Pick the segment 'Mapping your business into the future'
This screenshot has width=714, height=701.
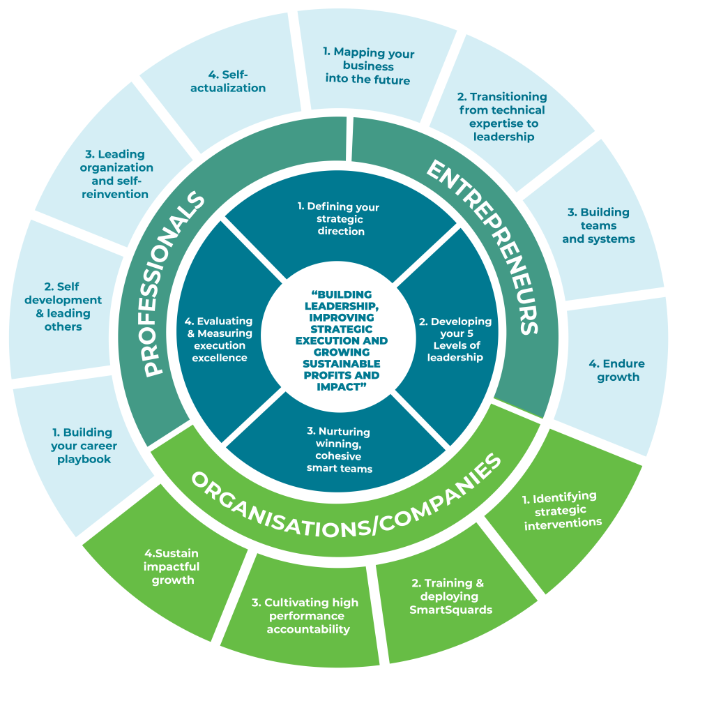coord(368,66)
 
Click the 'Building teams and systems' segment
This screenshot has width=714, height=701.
coord(598,225)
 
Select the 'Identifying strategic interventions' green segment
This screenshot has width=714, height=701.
coord(562,510)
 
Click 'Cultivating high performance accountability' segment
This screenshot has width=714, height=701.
coord(305,616)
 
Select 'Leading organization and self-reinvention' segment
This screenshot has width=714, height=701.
coord(116,174)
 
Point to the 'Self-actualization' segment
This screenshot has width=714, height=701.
coord(227,82)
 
